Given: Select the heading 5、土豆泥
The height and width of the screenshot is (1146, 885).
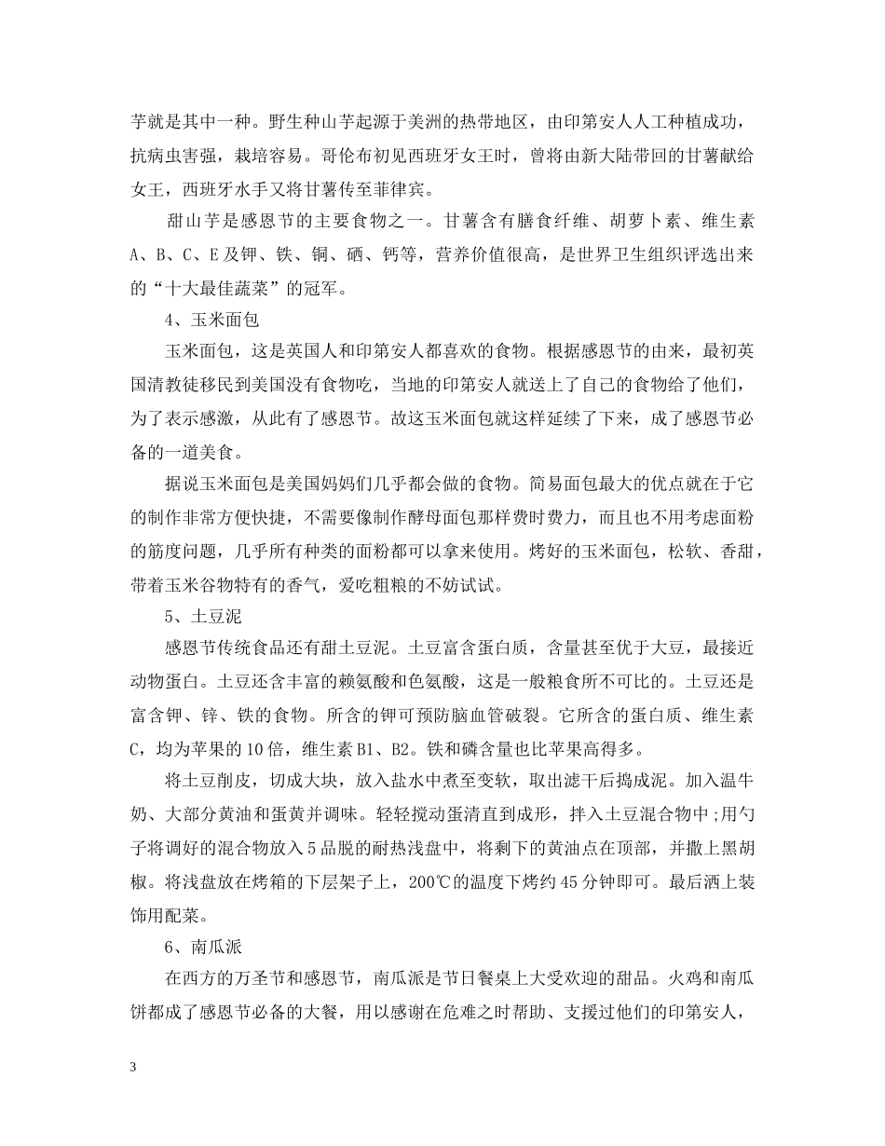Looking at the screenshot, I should [x=199, y=616].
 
